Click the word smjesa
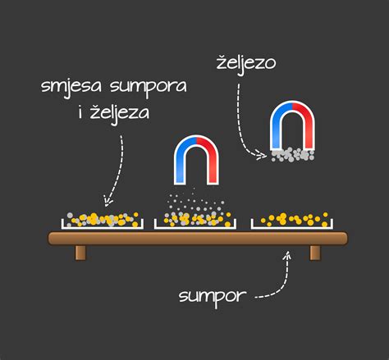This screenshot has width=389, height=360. [x=71, y=87]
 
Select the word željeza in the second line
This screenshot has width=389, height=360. [x=120, y=113]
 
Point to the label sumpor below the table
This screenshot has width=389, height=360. [x=213, y=297]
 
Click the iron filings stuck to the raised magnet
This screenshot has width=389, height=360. [x=292, y=155]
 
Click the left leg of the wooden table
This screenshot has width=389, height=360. [x=80, y=253]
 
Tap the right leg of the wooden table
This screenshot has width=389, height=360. [x=315, y=253]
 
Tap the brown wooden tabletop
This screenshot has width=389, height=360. [x=198, y=238]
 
